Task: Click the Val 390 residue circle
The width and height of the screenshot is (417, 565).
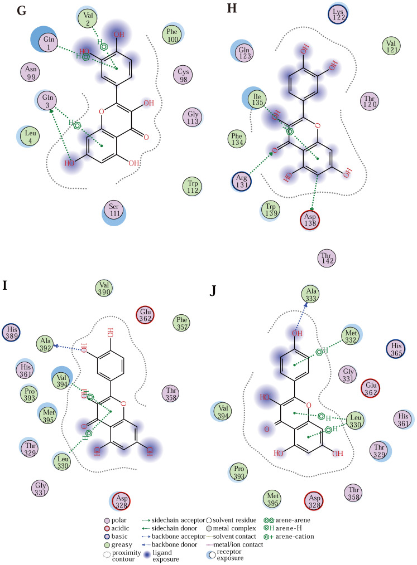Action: click(x=105, y=289)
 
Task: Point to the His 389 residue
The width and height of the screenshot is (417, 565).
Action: click(x=13, y=332)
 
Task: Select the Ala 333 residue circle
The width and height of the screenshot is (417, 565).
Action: click(x=313, y=294)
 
